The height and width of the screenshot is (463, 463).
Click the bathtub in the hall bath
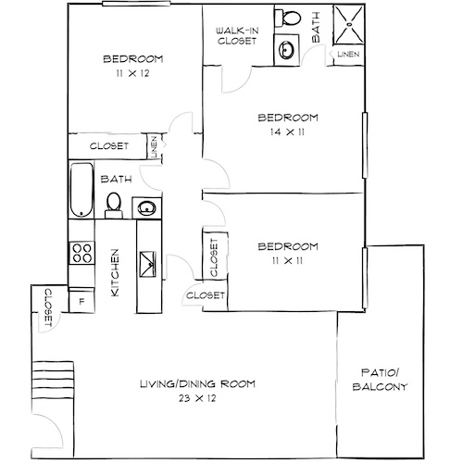[x=81, y=191]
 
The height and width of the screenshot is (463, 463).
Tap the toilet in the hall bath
[x=114, y=204]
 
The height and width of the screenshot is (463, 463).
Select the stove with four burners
[x=81, y=254]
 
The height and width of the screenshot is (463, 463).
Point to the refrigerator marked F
[x=81, y=299]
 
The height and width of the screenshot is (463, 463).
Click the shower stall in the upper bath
[x=346, y=25]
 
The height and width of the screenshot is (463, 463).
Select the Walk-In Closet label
[x=236, y=36]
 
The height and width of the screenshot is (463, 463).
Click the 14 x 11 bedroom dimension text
[x=287, y=133]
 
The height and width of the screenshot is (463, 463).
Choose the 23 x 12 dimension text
[x=196, y=399]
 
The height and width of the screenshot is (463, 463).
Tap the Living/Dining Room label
[x=196, y=384]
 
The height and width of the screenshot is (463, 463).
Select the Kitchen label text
[x=116, y=272]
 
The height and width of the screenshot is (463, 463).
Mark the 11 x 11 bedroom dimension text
[x=287, y=262]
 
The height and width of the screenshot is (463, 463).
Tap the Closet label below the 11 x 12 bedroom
[x=108, y=146]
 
